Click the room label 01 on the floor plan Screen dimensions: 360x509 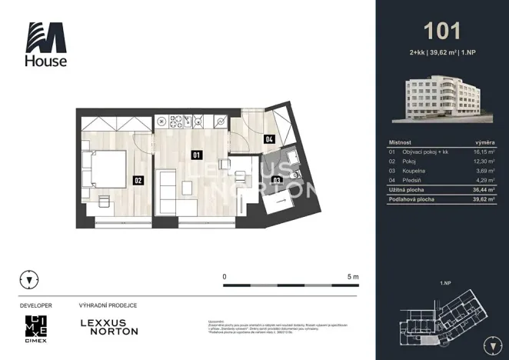pos(196,155)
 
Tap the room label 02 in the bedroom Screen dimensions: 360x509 pos(138,182)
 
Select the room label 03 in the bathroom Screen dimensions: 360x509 pos(277,181)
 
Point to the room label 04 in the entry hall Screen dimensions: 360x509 pos(269,140)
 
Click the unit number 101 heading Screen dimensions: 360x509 pos(442,31)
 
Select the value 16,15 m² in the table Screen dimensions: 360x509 pos(483,153)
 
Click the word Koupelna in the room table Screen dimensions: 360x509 pos(414,171)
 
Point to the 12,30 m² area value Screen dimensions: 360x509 pos(483,162)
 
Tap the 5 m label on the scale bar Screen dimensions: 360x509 pos(354,275)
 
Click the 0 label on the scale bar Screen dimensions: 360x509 pos(225,275)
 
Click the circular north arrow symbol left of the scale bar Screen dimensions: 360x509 pos(30,279)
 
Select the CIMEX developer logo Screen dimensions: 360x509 pos(35,328)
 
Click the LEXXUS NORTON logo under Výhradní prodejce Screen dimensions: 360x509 pos(109,327)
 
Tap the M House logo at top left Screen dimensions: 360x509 pos(46,44)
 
